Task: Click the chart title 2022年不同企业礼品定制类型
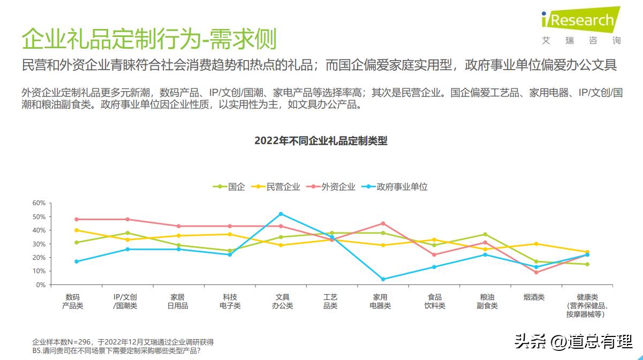[x=321, y=141]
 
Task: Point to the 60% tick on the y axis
[x=39, y=203]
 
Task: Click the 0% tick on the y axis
[x=40, y=285]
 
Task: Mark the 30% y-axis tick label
[x=39, y=244]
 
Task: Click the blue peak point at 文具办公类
[x=281, y=214]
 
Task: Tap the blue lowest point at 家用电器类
[x=383, y=279]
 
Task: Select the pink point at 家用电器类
[x=383, y=223]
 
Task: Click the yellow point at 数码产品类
[x=77, y=230]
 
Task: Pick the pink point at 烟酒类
[x=536, y=272]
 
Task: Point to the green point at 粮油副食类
[x=485, y=234]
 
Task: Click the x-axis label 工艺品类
[x=330, y=301]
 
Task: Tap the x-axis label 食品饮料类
[x=435, y=301]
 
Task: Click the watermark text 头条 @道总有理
[x=573, y=341]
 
